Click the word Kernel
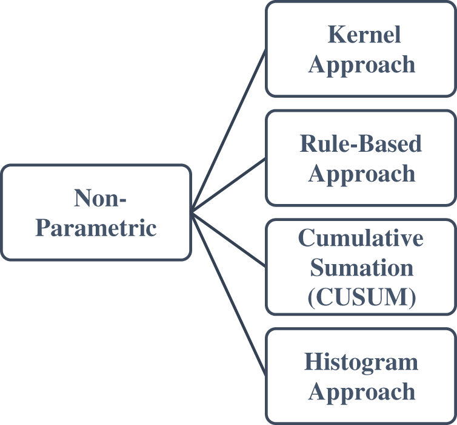(364, 35)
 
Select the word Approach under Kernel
(361, 64)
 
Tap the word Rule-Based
(361, 144)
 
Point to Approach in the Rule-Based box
(361, 174)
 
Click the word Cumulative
(361, 238)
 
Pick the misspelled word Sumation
(361, 267)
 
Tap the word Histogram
(361, 362)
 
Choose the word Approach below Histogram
(361, 392)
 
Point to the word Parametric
(96, 228)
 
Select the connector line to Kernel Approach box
(229, 131)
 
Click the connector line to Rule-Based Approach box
(229, 185)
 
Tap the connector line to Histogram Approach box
(229, 293)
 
